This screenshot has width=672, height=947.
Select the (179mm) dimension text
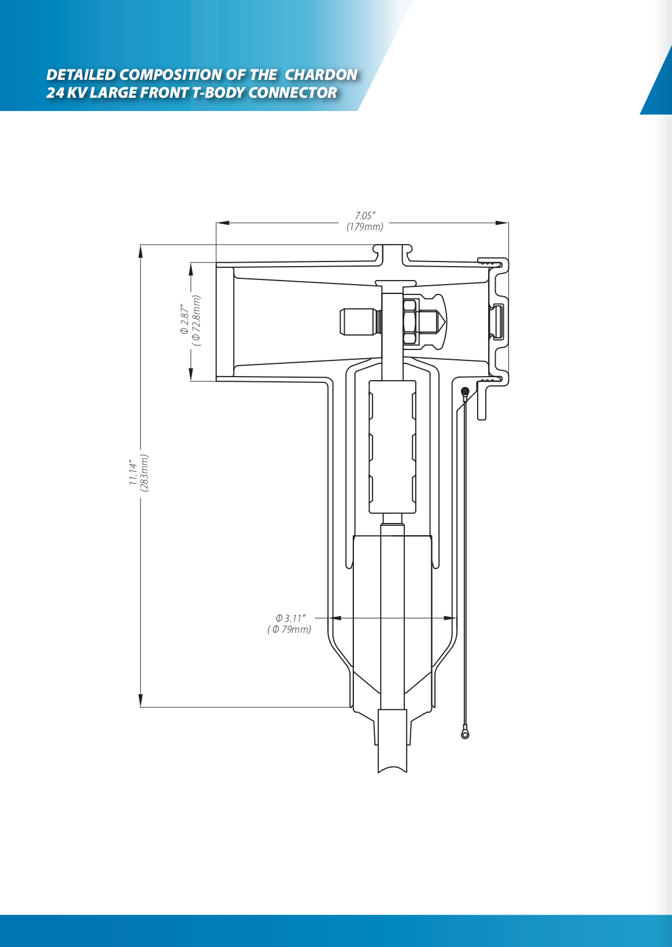(365, 227)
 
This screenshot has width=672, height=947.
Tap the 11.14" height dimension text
(134, 473)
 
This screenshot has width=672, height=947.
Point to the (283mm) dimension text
(144, 473)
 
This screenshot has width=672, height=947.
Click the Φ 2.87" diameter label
(185, 319)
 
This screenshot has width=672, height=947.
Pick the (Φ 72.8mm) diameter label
(196, 320)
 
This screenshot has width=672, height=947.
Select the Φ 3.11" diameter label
(290, 618)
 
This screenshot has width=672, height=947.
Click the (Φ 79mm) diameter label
(289, 629)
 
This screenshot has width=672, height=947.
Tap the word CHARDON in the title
(321, 75)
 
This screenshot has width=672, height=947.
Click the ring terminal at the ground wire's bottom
(465, 735)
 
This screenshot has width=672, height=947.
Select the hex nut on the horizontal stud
(411, 322)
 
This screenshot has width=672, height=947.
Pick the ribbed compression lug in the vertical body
(392, 447)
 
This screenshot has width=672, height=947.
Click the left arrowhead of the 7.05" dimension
(223, 223)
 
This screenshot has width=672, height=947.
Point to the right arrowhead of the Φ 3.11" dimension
(450, 618)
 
